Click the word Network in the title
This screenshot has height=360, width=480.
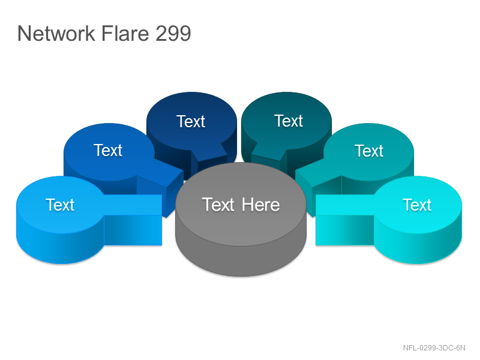(x=56, y=33)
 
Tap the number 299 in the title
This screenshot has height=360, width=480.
(x=173, y=33)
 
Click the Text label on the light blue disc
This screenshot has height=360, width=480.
(x=60, y=205)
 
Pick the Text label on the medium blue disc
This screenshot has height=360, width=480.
(x=108, y=151)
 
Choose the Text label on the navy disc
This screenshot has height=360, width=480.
(x=190, y=121)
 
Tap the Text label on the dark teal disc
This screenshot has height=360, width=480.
(x=289, y=121)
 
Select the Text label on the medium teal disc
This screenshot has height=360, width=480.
(x=369, y=151)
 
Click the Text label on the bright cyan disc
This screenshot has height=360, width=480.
(x=417, y=205)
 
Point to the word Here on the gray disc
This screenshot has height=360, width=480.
(x=261, y=205)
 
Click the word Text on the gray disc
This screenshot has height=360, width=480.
(x=218, y=205)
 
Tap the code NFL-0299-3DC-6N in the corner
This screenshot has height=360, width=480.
(x=434, y=348)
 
